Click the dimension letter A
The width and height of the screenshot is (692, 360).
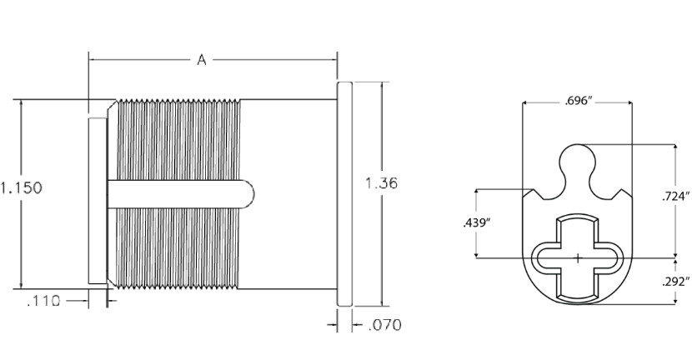pyautogui.click(x=201, y=59)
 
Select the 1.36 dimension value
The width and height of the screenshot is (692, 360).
pyautogui.click(x=382, y=183)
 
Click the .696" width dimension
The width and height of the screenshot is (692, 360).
pyautogui.click(x=577, y=102)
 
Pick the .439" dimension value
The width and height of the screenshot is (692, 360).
pyautogui.click(x=475, y=222)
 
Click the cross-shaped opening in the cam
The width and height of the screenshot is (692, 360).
pyautogui.click(x=577, y=258)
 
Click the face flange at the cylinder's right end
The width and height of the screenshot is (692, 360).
pyautogui.click(x=346, y=193)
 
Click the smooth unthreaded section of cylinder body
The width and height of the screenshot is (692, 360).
pyautogui.click(x=288, y=193)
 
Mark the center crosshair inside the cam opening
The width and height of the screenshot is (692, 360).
pyautogui.click(x=577, y=258)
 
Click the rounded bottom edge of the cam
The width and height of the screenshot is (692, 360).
pyautogui.click(x=577, y=304)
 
